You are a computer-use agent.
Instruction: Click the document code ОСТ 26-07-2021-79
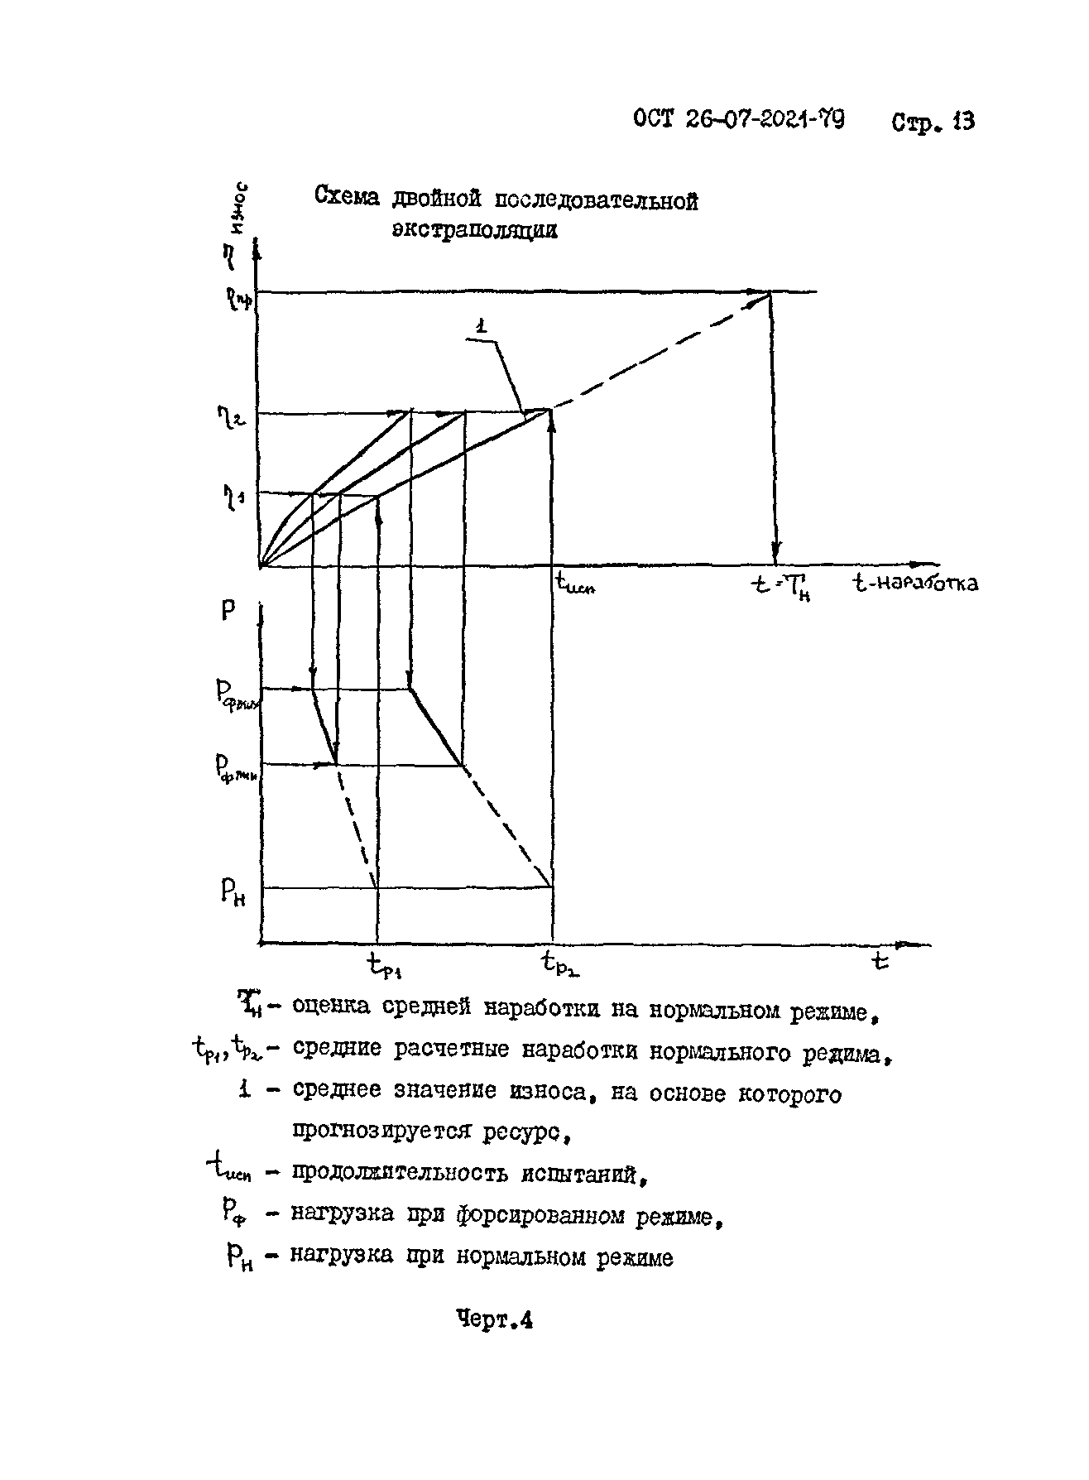coord(739,120)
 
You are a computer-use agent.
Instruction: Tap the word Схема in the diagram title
coord(348,198)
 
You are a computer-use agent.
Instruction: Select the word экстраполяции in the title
coord(475,229)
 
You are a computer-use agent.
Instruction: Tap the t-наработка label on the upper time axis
coord(915,584)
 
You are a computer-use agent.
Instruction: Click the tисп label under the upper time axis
coord(576,585)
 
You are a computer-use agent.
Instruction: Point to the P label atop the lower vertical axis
coord(228,611)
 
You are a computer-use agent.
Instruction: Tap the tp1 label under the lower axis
coord(384,963)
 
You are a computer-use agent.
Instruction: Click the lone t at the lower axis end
coord(880,962)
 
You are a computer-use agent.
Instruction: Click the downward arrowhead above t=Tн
coord(775,553)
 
